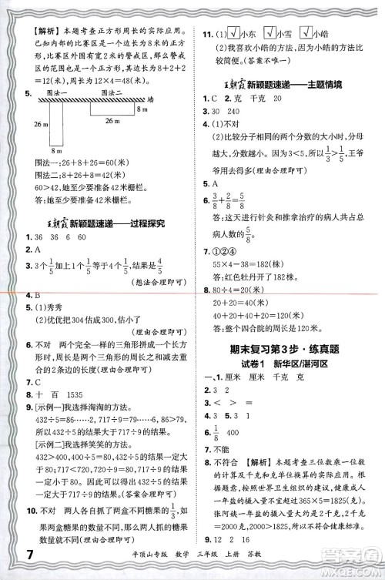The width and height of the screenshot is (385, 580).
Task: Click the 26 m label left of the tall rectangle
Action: [x=32, y=124]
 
